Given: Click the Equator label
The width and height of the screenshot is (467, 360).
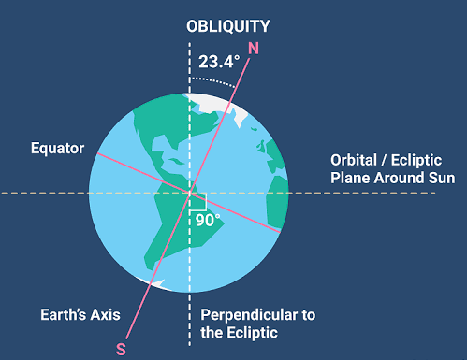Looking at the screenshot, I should point(57,148).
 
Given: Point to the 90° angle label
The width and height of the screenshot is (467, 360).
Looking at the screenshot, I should point(209,221).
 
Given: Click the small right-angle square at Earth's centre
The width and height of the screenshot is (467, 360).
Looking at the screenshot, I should point(197,200).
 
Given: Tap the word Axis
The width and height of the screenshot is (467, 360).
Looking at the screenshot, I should point(105,314).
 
